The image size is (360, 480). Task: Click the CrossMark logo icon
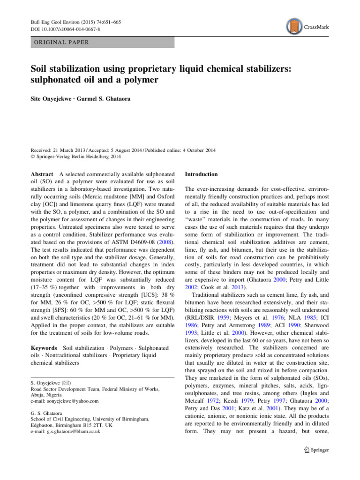point(294,27)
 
